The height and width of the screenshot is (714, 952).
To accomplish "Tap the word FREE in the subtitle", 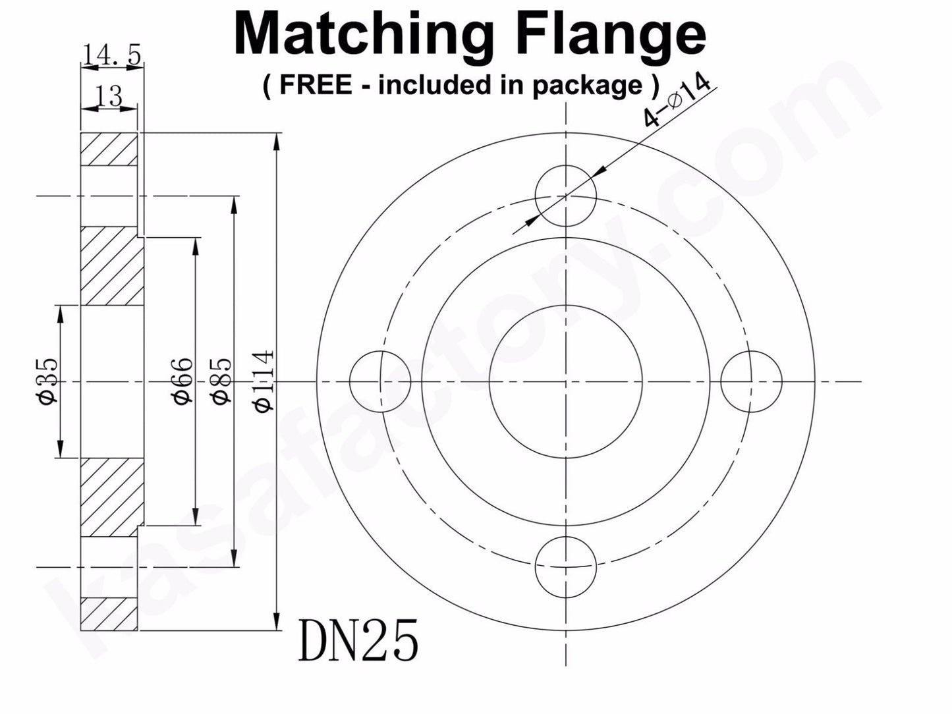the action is [x=316, y=84].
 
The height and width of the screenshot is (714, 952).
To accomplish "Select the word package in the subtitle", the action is [x=587, y=86].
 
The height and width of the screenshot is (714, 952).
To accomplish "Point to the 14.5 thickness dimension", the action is [x=111, y=55].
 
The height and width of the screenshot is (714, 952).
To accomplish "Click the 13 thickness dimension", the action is [x=109, y=96].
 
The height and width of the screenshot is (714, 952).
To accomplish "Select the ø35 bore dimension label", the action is [x=47, y=381].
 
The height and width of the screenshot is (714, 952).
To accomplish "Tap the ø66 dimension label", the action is [x=182, y=381].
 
